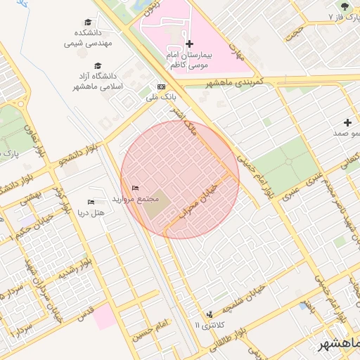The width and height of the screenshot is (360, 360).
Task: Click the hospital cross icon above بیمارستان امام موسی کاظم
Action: (189, 44)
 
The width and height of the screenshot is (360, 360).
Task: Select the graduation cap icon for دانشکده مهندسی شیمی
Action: (88, 22)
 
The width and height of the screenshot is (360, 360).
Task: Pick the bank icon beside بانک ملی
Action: (162, 86)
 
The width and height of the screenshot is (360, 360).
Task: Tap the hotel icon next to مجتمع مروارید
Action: (136, 188)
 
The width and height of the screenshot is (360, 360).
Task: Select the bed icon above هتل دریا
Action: (90, 202)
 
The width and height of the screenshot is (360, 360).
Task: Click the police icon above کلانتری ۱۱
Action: (209, 314)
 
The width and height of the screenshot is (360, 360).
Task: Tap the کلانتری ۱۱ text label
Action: (206, 325)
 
